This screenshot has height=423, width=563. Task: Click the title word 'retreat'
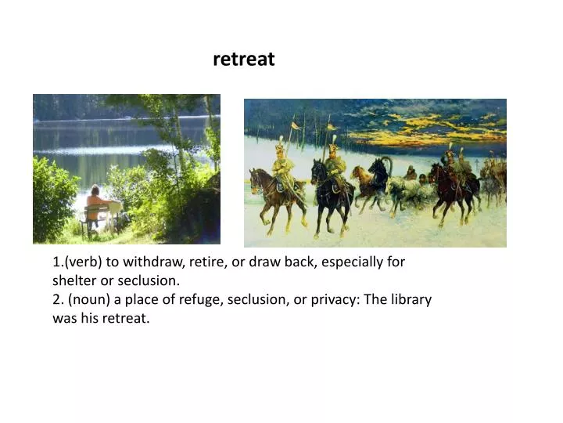coord(243,60)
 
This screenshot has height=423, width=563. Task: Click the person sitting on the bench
coord(95,205)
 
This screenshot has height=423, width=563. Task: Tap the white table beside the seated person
coord(113,208)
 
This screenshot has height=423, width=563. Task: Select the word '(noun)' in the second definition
coord(92,299)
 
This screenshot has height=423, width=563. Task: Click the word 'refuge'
coord(203,299)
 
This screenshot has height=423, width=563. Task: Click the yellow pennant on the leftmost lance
coord(296,125)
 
